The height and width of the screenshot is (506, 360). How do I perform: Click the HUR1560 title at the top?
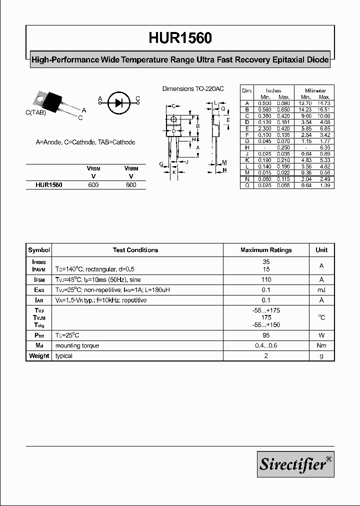[x=180, y=38]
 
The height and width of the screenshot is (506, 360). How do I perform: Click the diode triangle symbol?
[x=118, y=103]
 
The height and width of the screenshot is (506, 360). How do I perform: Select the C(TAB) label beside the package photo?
[x=35, y=113]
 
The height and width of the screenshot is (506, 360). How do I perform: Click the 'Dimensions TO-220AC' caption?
[x=193, y=88]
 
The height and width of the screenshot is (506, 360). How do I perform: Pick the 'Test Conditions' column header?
[x=135, y=250]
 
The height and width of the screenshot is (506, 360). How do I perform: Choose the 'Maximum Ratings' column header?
[x=266, y=250]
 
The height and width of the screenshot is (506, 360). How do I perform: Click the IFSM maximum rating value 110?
[x=266, y=280]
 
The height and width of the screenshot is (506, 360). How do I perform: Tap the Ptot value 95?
[x=266, y=335]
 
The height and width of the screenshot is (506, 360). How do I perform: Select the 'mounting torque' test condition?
[x=77, y=345]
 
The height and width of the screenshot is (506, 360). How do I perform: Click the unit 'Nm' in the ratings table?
[x=321, y=345]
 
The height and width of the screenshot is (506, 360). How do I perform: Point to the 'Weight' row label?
[x=39, y=356]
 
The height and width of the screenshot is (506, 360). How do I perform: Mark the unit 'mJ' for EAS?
[x=321, y=290]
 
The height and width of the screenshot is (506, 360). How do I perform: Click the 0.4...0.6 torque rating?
[x=266, y=345]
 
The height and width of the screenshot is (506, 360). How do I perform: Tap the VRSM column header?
[x=93, y=169]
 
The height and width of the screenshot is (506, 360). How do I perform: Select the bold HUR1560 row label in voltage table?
[x=48, y=184]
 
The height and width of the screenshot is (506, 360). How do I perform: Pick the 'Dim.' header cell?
[x=247, y=90]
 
